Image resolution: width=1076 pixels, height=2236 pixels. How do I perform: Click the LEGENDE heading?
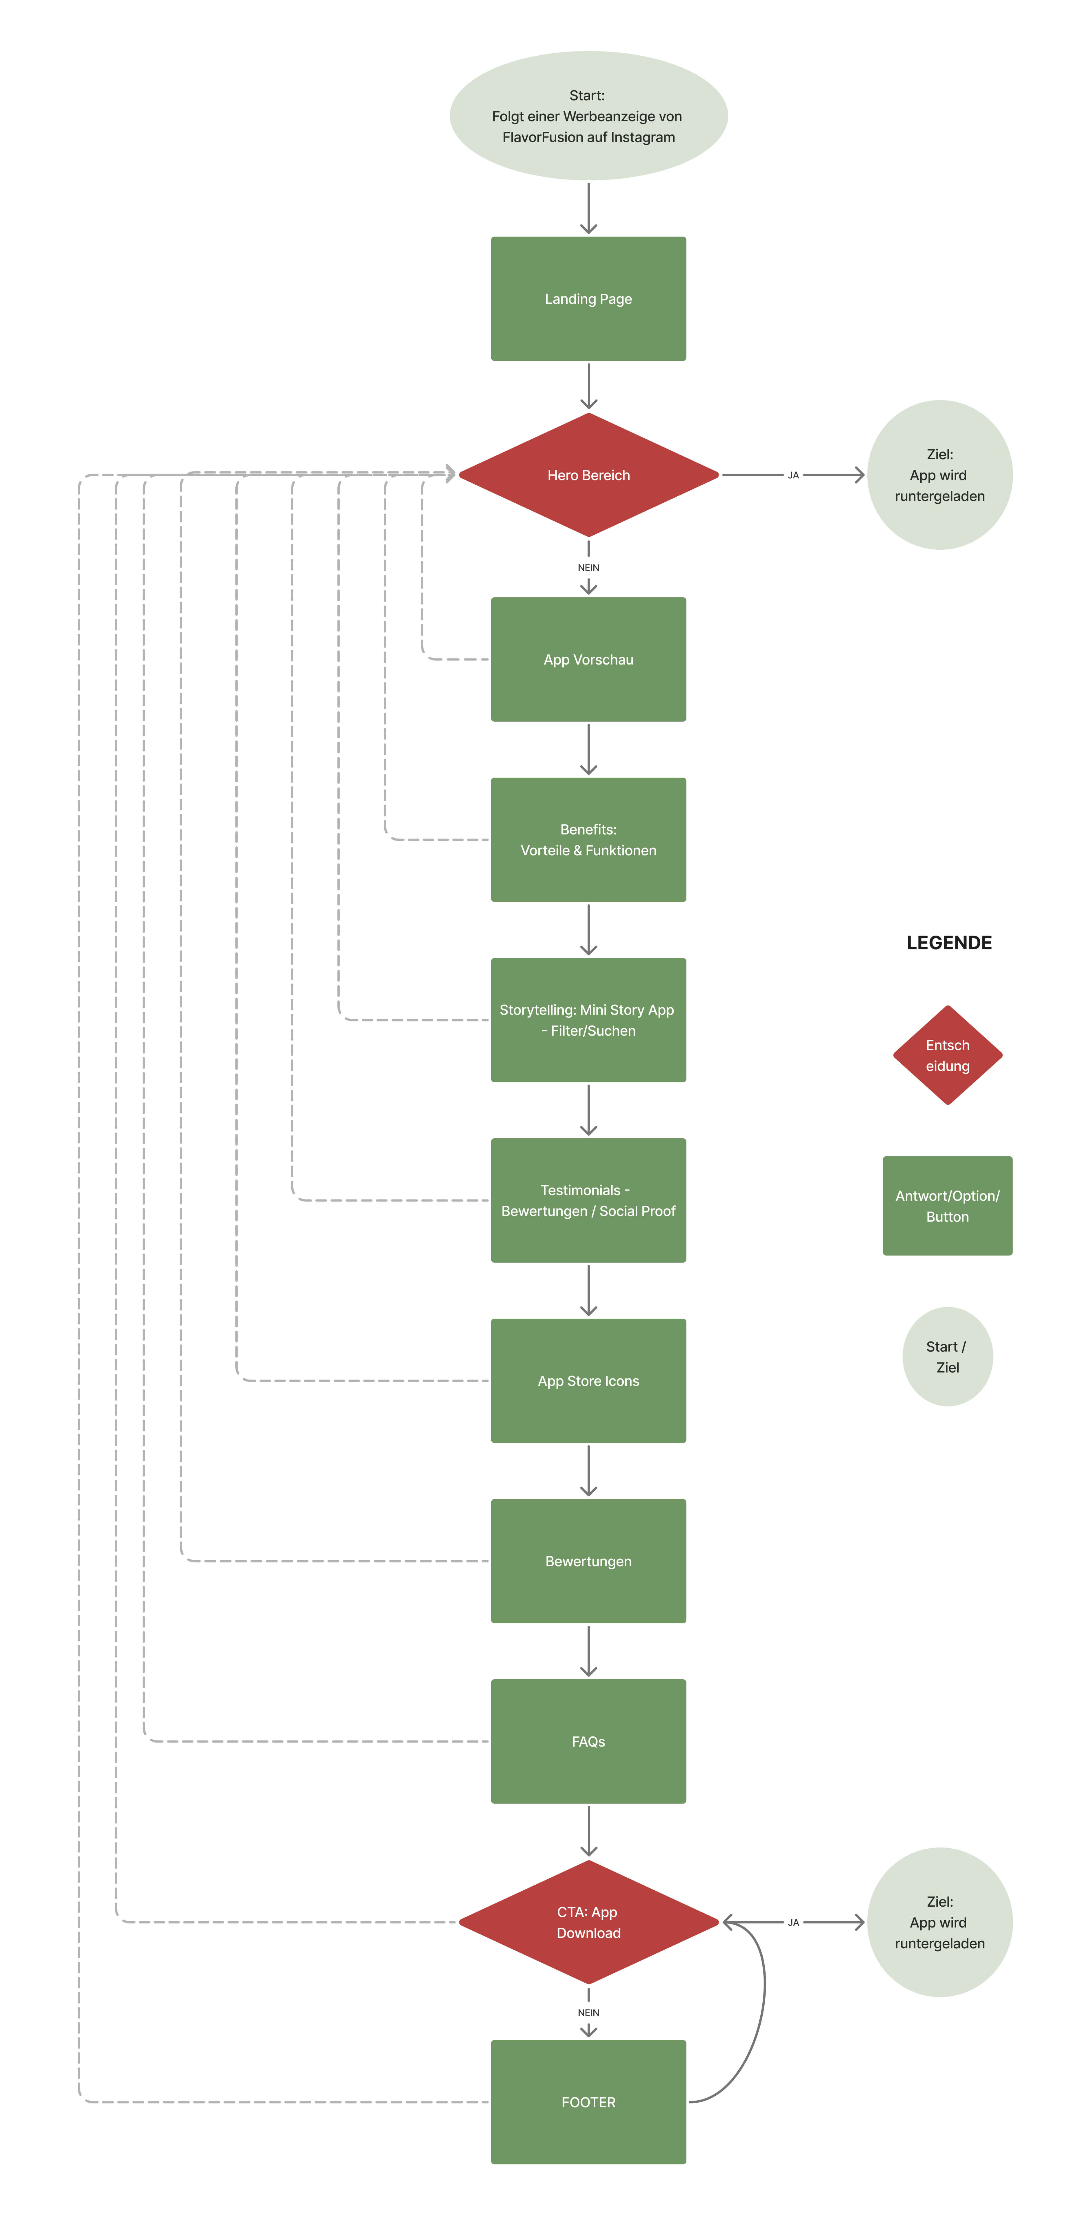[x=948, y=943]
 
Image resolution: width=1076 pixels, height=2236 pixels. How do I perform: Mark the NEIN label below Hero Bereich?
[x=588, y=568]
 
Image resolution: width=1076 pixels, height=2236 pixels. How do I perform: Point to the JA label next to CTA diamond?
[x=793, y=1922]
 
